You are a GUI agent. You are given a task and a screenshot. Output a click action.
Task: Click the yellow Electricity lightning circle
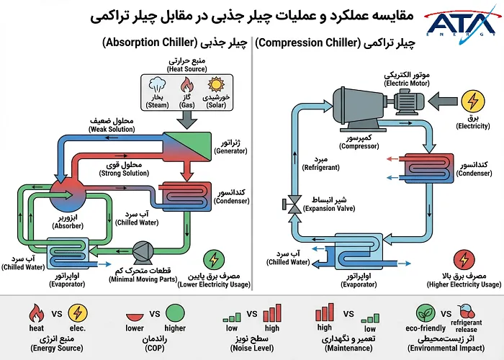473,100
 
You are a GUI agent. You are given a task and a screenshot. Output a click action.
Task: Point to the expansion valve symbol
293,205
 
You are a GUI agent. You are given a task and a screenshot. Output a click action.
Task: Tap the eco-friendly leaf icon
426,314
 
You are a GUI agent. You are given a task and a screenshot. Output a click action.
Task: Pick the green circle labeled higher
175,314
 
